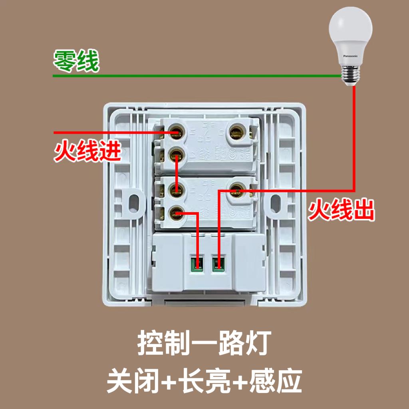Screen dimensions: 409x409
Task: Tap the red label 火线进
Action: [x=87, y=152]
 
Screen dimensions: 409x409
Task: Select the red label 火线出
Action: [x=341, y=210]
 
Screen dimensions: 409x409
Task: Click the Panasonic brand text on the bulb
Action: [x=351, y=56]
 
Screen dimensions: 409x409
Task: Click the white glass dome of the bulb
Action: [x=350, y=30]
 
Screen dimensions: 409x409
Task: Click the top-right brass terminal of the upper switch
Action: [x=236, y=130]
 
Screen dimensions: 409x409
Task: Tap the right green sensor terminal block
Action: [x=218, y=264]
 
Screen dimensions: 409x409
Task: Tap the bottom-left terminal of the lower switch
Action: [x=176, y=214]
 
